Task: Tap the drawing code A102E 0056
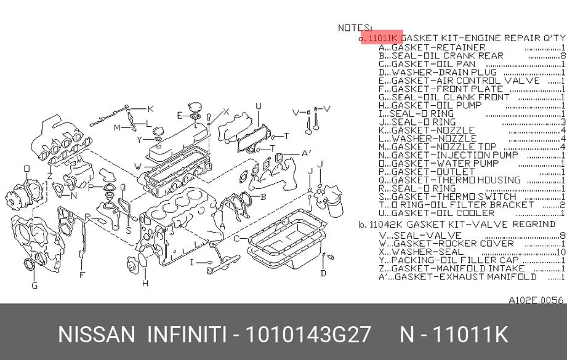tap(536, 300)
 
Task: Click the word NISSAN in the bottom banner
tap(96, 335)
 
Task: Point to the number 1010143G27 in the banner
tap(308, 335)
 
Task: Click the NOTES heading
tap(355, 28)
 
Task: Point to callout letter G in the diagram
tap(34, 286)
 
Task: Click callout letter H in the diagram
tap(145, 284)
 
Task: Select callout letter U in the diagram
tap(259, 106)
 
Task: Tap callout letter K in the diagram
tap(150, 109)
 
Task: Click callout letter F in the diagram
tap(82, 275)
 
